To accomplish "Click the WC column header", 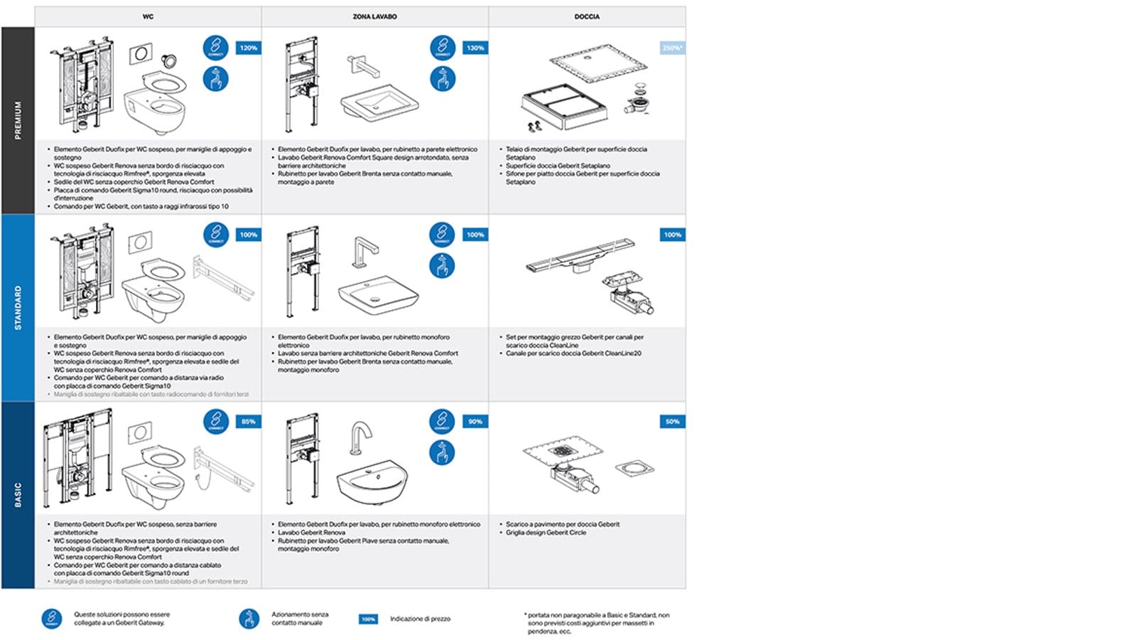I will pyautogui.click(x=148, y=16).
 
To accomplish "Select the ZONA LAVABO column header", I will pyautogui.click(x=374, y=16).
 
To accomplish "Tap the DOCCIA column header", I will pyautogui.click(x=587, y=16).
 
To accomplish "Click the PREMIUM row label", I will pyautogui.click(x=18, y=120).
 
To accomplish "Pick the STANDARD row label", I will pyautogui.click(x=18, y=307).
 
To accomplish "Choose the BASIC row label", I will pyautogui.click(x=18, y=495).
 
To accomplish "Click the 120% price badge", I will pyautogui.click(x=248, y=48).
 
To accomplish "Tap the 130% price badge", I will pyautogui.click(x=475, y=48).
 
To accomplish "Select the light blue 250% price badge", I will pyautogui.click(x=672, y=48).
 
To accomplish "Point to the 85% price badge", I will pyautogui.click(x=248, y=422).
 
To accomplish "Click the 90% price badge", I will pyautogui.click(x=475, y=422).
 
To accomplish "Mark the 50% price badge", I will pyautogui.click(x=672, y=422).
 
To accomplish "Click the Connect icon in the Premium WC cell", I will pyautogui.click(x=215, y=48).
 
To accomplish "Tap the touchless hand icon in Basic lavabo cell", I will pyautogui.click(x=442, y=452).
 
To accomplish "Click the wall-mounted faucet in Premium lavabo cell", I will pyautogui.click(x=362, y=66).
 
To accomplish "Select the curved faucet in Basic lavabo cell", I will pyautogui.click(x=361, y=438).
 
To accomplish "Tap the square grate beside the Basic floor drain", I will pyautogui.click(x=634, y=469).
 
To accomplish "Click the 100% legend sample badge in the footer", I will pyautogui.click(x=368, y=619).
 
